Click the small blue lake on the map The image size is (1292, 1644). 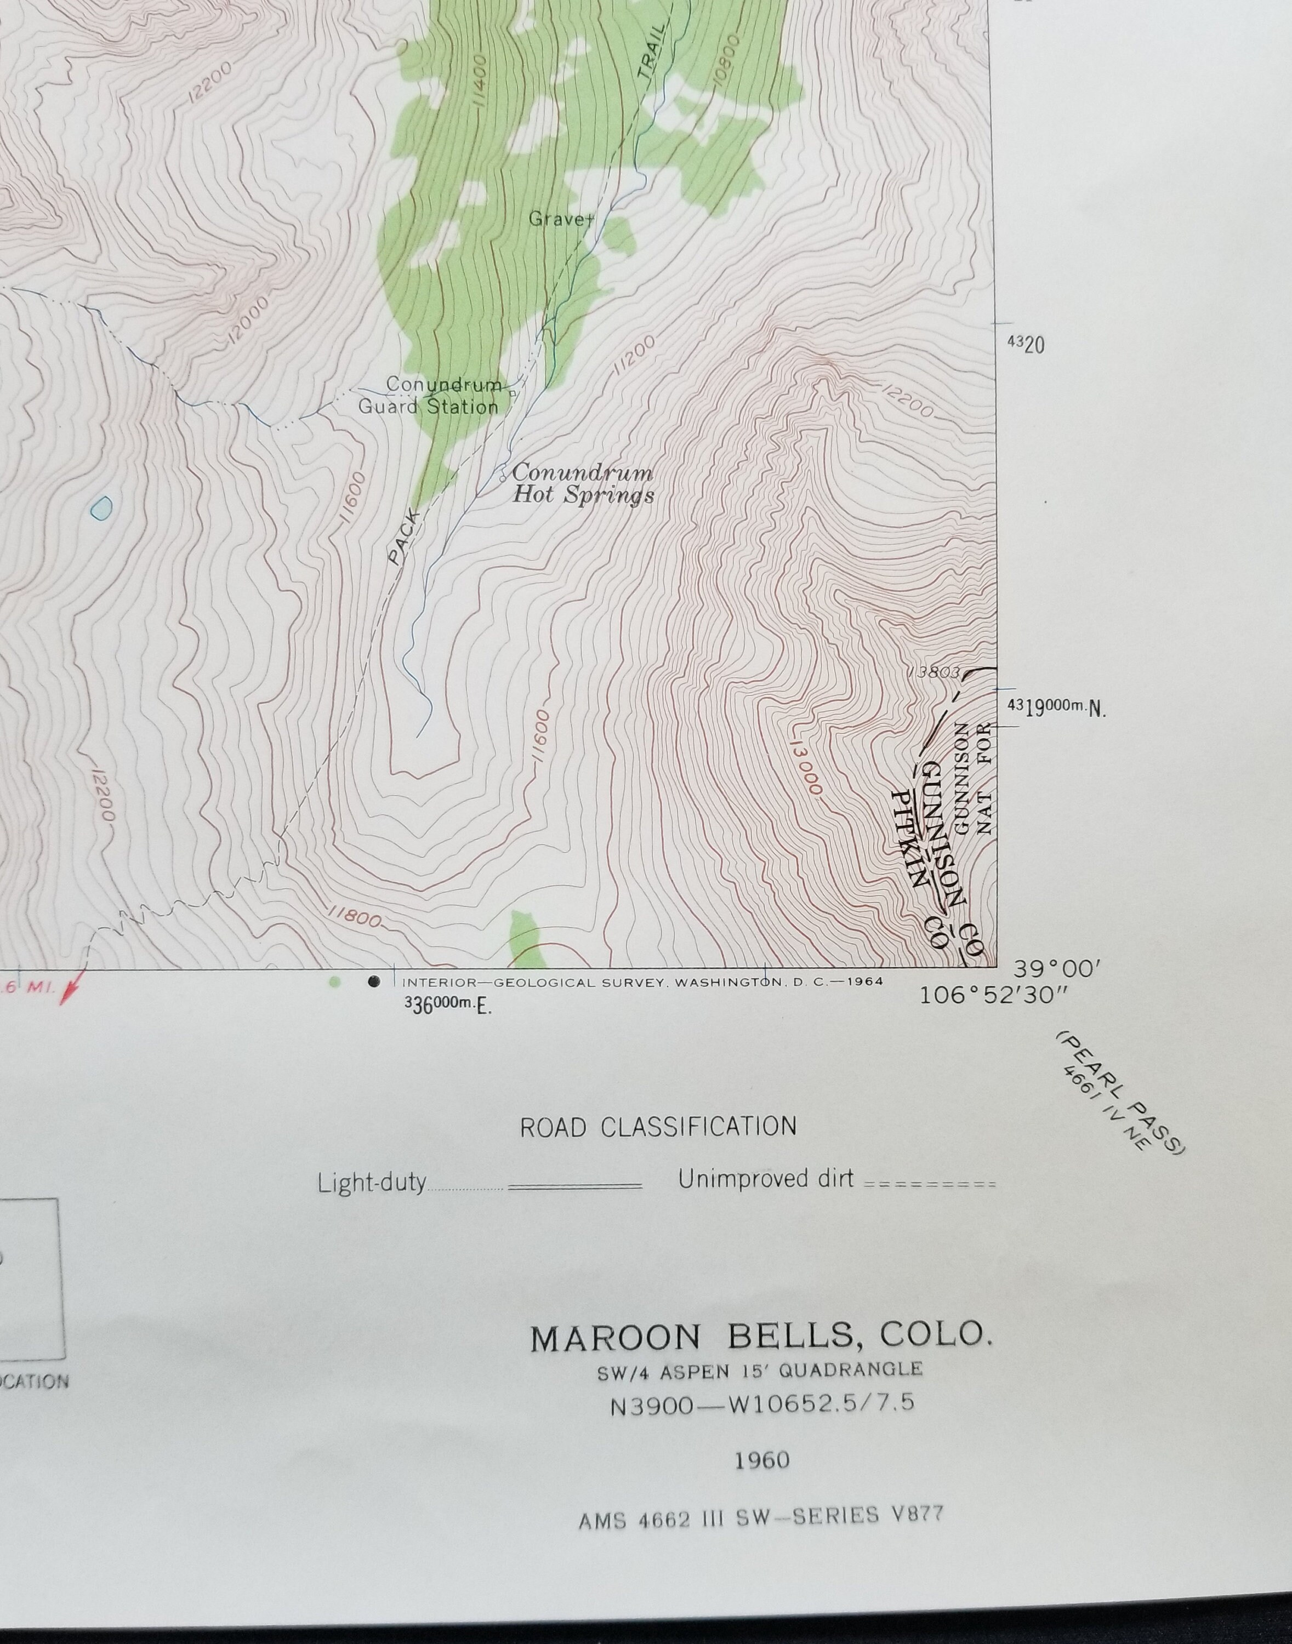[x=101, y=507]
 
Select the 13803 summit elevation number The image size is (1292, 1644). [x=936, y=671]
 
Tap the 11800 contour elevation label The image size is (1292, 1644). [x=356, y=917]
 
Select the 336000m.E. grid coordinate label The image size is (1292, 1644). [x=448, y=1005]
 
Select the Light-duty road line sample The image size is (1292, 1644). [x=575, y=1185]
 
